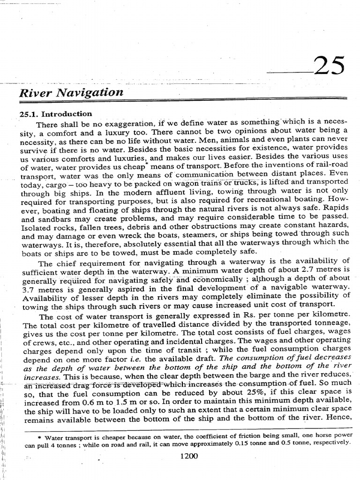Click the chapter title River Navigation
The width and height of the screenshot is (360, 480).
[71, 92]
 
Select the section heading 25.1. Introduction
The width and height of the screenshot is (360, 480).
[55, 114]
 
